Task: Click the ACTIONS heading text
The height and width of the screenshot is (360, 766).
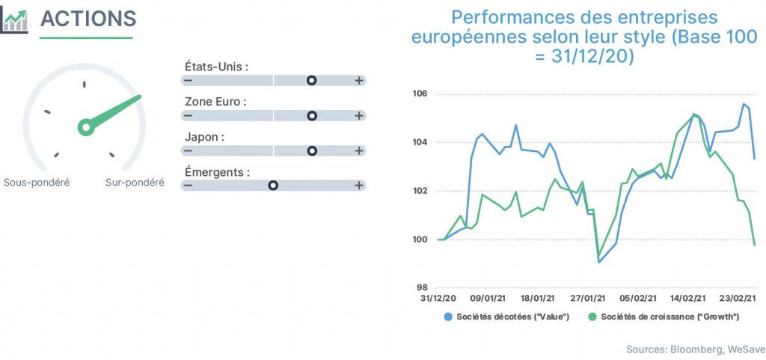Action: [x=88, y=19]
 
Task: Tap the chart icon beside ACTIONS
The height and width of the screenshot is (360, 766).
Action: [x=14, y=21]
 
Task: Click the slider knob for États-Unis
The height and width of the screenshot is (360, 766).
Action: [x=312, y=81]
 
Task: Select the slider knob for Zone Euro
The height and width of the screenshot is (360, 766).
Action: [x=312, y=116]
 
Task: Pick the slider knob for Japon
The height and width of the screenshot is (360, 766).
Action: [x=312, y=151]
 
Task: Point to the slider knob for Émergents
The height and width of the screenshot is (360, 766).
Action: [x=273, y=186]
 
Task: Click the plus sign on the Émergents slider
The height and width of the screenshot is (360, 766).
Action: [x=359, y=186]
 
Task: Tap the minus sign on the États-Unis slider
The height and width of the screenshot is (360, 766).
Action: [x=188, y=81]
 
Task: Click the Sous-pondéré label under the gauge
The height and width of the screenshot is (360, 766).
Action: [x=37, y=183]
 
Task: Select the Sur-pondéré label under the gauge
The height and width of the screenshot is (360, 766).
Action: [x=135, y=183]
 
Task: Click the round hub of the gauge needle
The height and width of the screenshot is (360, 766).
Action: [x=87, y=127]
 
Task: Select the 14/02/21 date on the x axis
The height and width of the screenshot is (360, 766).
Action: [x=687, y=297]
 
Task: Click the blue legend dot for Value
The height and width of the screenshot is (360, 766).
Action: [x=448, y=317]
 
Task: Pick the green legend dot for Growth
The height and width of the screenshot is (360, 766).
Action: [x=592, y=317]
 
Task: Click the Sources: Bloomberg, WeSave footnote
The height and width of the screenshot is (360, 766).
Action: [x=696, y=350]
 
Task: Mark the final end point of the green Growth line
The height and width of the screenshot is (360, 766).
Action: [x=754, y=245]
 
